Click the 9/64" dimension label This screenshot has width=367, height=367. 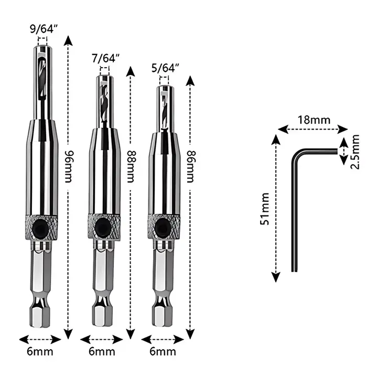pos(44,29)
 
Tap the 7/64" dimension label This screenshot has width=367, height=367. pos(106,58)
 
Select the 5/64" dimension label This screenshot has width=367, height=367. pos(165,68)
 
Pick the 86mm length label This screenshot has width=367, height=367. pos(191,166)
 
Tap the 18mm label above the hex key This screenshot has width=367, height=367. pos(314,120)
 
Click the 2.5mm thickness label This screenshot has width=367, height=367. pos(355,152)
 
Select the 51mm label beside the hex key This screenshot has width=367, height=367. pos(265,209)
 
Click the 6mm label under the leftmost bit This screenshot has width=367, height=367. pos(40,352)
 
